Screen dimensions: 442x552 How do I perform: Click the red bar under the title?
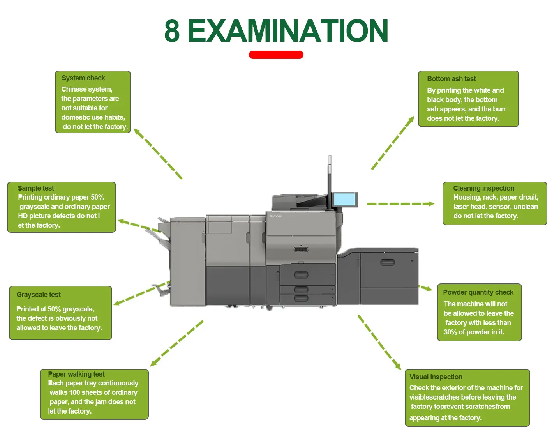(276, 55)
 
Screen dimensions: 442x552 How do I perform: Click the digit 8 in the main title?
(172, 31)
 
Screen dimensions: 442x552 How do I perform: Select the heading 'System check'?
(83, 78)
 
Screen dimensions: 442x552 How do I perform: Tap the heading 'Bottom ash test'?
(451, 79)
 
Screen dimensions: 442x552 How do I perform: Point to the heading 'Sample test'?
(36, 188)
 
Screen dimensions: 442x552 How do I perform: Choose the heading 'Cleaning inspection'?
(483, 188)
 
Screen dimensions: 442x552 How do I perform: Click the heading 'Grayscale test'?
(39, 295)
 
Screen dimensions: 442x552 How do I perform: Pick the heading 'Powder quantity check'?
(478, 292)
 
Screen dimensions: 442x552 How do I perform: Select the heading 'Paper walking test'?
(76, 374)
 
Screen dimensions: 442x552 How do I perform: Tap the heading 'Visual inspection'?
(436, 377)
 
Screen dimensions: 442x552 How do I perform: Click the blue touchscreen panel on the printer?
(344, 200)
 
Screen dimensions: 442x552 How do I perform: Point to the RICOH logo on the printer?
(275, 216)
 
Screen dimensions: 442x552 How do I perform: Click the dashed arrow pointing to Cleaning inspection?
(400, 204)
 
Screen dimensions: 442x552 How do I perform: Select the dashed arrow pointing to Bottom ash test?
(393, 143)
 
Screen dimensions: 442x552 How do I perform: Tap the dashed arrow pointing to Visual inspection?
(379, 342)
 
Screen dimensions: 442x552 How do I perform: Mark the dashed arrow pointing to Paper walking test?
(176, 343)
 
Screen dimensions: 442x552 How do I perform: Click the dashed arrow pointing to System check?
(158, 154)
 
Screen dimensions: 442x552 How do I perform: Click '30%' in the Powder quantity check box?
(450, 332)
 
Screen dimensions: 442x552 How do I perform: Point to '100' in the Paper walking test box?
(74, 392)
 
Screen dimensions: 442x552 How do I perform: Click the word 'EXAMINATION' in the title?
(287, 31)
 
